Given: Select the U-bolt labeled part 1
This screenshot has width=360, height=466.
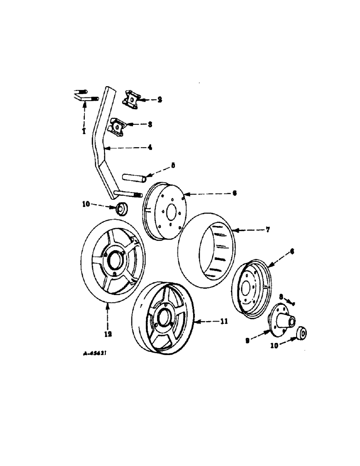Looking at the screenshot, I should (x=84, y=95).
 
